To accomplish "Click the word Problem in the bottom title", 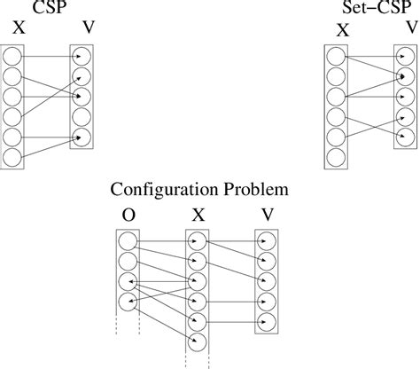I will click(256, 190).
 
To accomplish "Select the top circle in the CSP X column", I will click(13, 56).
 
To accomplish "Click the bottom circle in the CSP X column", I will click(13, 157).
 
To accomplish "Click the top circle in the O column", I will click(128, 240).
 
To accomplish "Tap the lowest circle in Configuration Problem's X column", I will click(198, 342).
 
